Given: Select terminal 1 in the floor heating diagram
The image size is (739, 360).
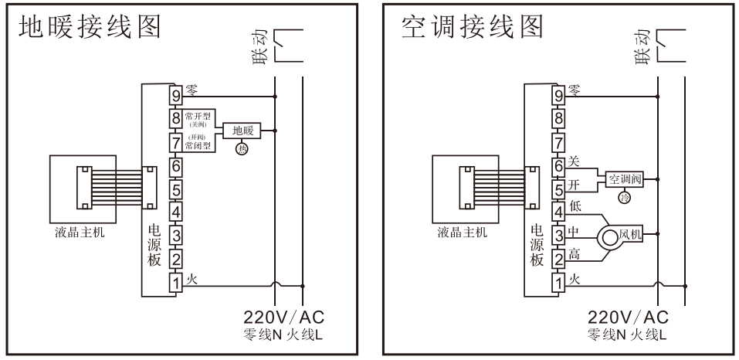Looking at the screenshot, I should pyautogui.click(x=176, y=284).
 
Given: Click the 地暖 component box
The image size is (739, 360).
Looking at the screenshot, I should pyautogui.click(x=242, y=131).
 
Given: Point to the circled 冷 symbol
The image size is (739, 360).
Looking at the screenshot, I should pyautogui.click(x=624, y=197).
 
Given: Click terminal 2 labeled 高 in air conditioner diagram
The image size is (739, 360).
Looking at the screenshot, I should pyautogui.click(x=559, y=259).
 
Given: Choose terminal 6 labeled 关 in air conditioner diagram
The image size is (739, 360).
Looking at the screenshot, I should pyautogui.click(x=559, y=165).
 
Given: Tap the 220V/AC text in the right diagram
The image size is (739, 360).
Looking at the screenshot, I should pyautogui.click(x=627, y=318).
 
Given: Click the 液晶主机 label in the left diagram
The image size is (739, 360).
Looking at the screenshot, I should pyautogui.click(x=81, y=235).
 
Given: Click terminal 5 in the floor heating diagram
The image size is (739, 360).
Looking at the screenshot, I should pyautogui.click(x=176, y=188).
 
